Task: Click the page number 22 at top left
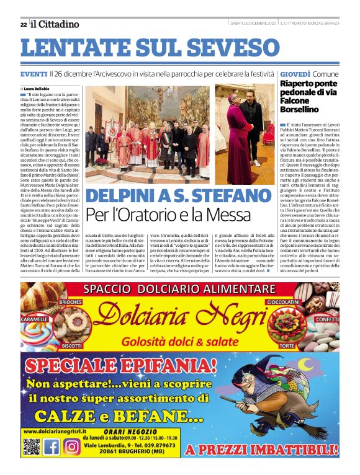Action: pos(23,24)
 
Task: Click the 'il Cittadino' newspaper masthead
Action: pos(55,24)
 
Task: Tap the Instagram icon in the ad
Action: pos(72,446)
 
